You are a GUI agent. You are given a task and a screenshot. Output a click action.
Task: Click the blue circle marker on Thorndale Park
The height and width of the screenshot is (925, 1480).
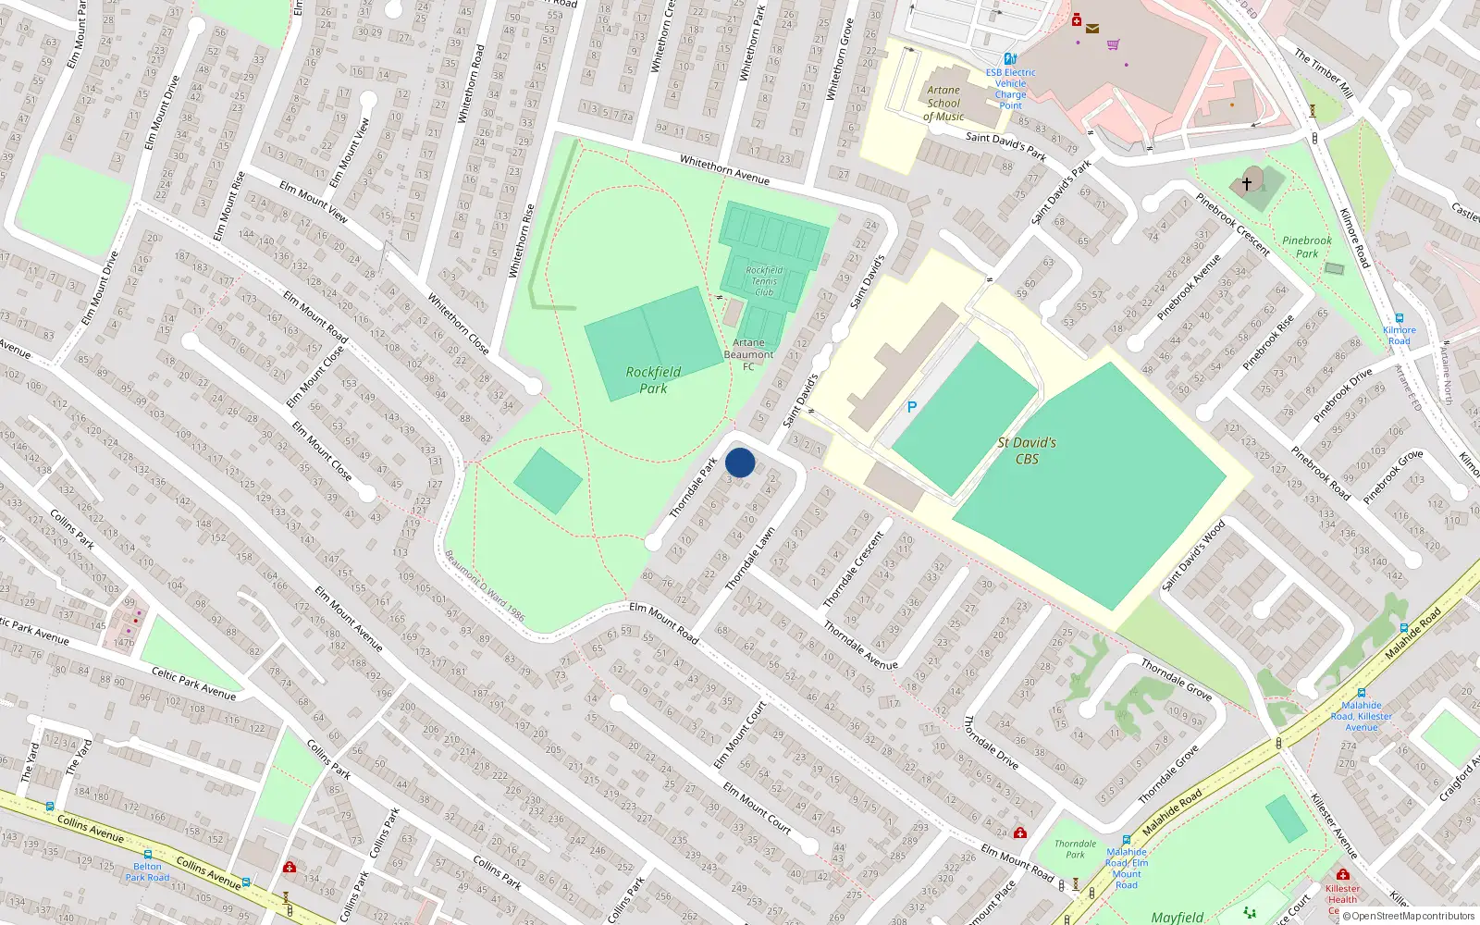[740, 462]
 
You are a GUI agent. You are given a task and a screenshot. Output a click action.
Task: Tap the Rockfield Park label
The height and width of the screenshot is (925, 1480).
[653, 379]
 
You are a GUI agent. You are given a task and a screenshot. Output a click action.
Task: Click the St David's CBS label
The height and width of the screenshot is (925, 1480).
[1027, 450]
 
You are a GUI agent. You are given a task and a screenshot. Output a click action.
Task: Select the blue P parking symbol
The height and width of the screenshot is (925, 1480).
[911, 407]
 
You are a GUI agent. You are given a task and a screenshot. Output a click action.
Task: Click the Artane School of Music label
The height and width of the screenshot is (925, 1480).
[943, 104]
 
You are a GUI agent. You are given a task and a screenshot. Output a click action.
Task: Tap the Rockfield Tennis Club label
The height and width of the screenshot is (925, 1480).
[764, 281]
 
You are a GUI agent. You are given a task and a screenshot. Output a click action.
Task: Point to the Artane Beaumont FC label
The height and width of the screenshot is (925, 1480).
[748, 354]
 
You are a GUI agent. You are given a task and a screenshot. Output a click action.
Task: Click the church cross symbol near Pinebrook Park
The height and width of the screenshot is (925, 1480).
[1247, 184]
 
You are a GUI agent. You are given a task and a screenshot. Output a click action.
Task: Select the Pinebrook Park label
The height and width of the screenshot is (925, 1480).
[1306, 247]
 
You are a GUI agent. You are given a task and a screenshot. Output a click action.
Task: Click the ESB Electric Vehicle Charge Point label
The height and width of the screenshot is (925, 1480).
[1010, 89]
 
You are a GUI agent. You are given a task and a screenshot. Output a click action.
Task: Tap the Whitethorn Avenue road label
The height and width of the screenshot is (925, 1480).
[724, 169]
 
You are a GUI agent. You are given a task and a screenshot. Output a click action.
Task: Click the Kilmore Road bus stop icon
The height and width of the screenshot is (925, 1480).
[1399, 318]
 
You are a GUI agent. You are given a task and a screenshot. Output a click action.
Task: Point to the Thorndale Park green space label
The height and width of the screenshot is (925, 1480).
[1075, 849]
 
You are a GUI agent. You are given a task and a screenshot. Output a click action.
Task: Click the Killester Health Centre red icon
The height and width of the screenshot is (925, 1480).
[1342, 874]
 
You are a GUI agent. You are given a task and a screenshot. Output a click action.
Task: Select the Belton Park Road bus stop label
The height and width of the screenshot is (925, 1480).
[147, 872]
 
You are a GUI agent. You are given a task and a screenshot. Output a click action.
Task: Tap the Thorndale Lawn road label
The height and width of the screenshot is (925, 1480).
[750, 559]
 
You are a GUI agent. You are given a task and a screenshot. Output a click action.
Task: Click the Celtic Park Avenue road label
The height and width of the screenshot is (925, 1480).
[193, 684]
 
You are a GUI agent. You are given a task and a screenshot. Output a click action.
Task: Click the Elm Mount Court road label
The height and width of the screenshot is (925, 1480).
[757, 808]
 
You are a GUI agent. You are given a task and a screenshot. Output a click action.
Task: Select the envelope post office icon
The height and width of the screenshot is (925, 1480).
[1092, 29]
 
